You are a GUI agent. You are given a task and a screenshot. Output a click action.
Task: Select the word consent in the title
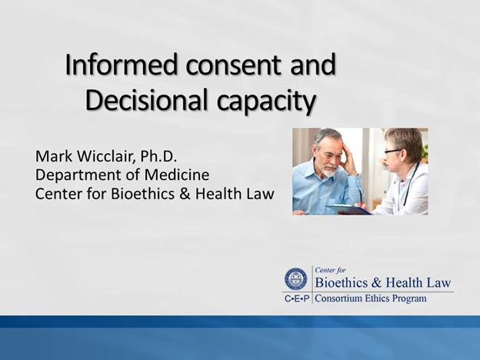click(x=231, y=66)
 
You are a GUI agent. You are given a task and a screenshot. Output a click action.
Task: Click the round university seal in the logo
click(x=295, y=278)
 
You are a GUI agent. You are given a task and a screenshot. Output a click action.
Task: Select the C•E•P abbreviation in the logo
click(x=296, y=298)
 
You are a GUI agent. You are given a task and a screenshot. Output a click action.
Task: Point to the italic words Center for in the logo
click(x=333, y=270)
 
